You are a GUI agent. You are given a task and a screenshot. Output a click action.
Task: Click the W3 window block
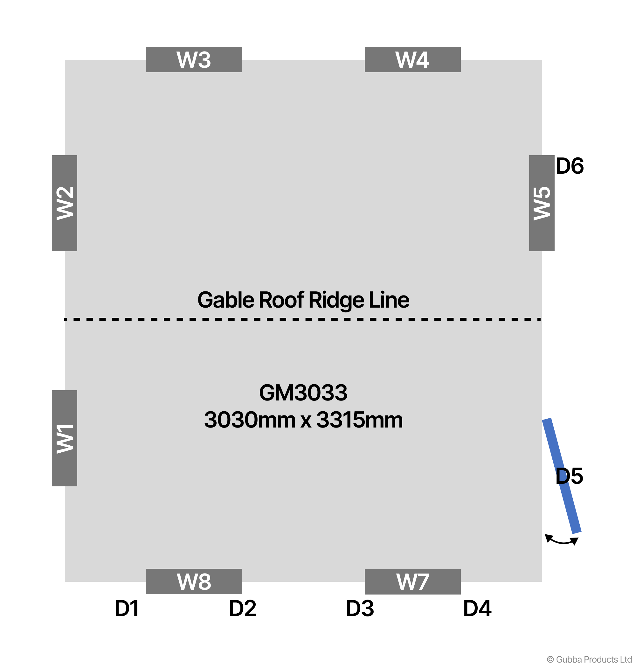[194, 59]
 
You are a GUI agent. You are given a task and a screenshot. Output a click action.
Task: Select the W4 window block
[412, 59]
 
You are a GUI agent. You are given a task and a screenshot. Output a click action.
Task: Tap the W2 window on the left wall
[65, 203]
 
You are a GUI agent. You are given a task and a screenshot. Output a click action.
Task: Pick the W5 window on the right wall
[542, 203]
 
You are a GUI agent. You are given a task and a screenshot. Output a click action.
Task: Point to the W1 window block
[65, 438]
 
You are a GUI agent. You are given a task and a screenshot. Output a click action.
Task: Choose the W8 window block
[194, 581]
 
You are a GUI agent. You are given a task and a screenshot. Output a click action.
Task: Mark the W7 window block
[412, 581]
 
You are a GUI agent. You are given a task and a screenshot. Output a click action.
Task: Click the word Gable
[226, 300]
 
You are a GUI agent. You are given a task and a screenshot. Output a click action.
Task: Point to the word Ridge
[335, 300]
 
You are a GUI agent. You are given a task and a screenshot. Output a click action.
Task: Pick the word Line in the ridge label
[389, 300]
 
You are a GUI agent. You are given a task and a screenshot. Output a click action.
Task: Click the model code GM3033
[303, 393]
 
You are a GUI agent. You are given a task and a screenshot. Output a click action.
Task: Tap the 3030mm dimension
[250, 420]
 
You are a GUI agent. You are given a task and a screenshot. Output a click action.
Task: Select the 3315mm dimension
[359, 420]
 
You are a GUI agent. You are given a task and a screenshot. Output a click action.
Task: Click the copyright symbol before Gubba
[550, 659]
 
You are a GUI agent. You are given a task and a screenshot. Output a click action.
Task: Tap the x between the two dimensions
[306, 421]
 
